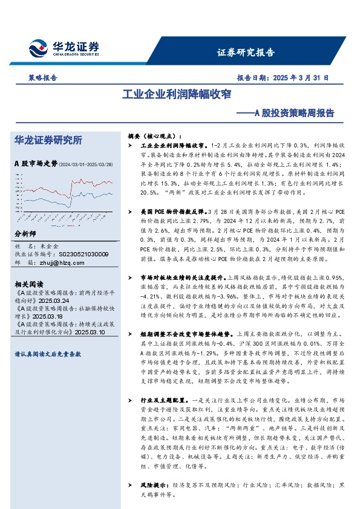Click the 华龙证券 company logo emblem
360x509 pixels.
pyautogui.click(x=39, y=48)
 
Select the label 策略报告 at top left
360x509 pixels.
pyautogui.click(x=42, y=79)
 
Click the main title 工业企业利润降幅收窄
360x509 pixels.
pyautogui.click(x=180, y=95)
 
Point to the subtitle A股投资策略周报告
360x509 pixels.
pyautogui.click(x=293, y=112)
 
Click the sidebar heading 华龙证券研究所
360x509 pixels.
pyautogui.click(x=48, y=140)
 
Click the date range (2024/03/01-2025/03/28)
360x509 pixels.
pyautogui.click(x=88, y=164)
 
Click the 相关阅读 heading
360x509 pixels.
pyautogui.click(x=28, y=284)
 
